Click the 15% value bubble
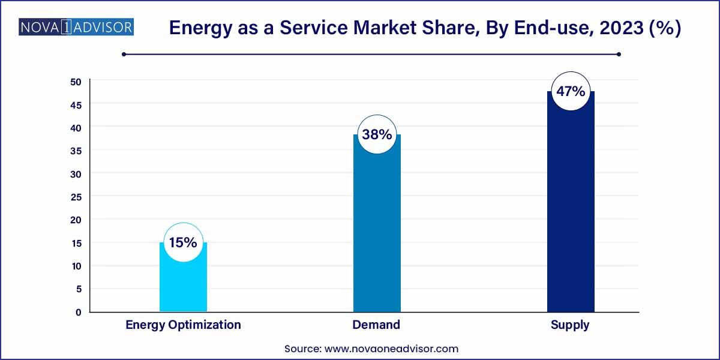183,242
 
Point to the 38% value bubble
377,134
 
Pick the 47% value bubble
571,91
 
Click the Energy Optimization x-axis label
183,325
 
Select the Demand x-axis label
377,325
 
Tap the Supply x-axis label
570,325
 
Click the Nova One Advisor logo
76,27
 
